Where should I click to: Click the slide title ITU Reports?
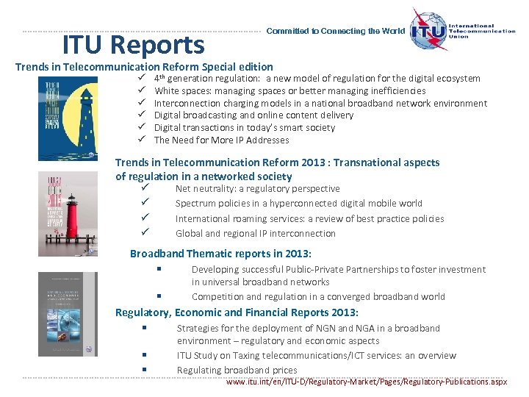click(x=133, y=46)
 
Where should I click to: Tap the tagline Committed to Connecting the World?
click(x=335, y=32)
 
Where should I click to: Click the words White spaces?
click(x=179, y=91)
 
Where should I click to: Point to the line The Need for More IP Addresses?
click(x=221, y=140)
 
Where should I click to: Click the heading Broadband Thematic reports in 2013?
click(x=220, y=254)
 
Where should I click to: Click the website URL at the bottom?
click(x=367, y=382)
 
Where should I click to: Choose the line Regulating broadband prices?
click(x=237, y=371)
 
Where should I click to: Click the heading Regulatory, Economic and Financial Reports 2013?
click(x=237, y=312)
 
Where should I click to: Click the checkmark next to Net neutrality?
click(x=145, y=189)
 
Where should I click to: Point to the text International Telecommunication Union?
click(x=483, y=32)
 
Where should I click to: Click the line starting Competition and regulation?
click(x=317, y=297)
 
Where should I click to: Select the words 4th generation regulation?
click(x=206, y=79)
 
